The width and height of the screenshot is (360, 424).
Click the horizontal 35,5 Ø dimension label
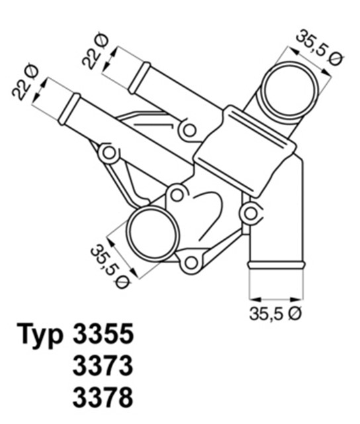point(275,315)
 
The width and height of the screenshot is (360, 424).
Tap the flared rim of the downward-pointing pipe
point(276,265)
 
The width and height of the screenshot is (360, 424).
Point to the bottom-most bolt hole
point(191,262)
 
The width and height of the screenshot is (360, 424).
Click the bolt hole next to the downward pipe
point(250,213)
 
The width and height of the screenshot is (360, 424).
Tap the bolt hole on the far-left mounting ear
point(109,154)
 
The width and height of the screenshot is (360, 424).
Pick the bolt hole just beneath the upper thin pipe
point(189,130)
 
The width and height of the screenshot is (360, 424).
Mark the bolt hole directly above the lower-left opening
point(175,194)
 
